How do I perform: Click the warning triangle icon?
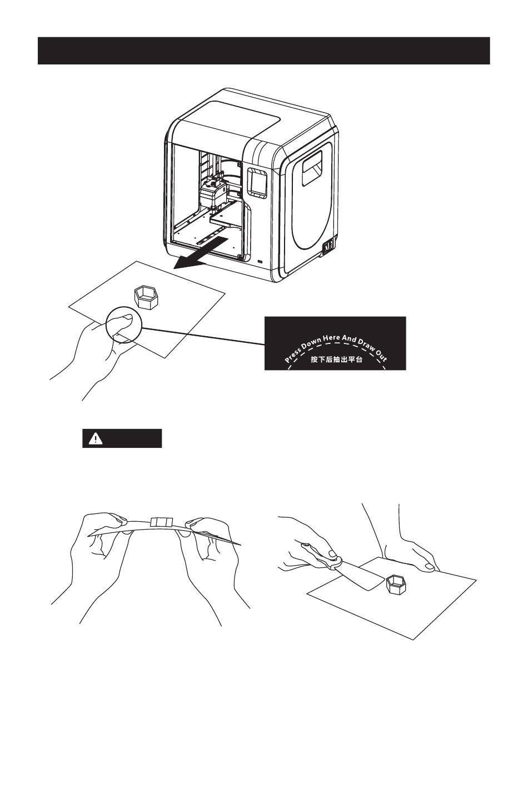[97, 438]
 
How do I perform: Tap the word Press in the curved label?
[293, 354]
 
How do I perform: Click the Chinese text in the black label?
[336, 359]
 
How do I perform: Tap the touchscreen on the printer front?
[257, 182]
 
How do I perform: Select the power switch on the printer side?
[328, 245]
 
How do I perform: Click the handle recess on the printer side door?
[312, 169]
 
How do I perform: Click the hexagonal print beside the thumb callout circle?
[147, 296]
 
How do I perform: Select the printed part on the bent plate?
[162, 522]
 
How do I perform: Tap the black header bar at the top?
[263, 51]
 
